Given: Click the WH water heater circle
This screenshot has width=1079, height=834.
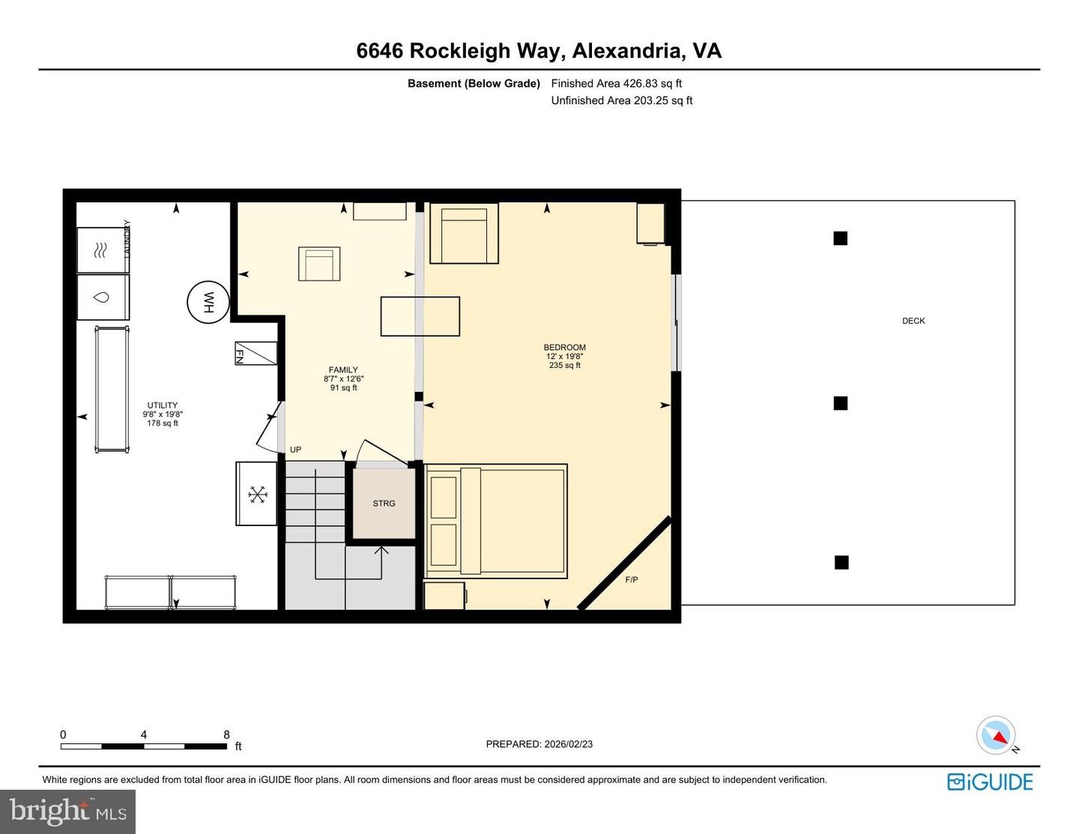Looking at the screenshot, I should (x=208, y=302).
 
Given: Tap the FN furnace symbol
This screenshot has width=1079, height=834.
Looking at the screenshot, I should (x=256, y=353).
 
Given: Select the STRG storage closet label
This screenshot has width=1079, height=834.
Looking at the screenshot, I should (x=384, y=504).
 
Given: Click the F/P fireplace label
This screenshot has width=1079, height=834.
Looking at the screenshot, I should (x=632, y=580).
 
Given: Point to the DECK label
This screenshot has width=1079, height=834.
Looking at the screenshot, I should (x=913, y=321).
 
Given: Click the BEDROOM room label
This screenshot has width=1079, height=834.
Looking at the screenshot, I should (x=564, y=348).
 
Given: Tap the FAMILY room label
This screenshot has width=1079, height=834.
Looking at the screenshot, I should (x=343, y=370).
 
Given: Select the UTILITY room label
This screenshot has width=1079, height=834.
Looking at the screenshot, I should (x=163, y=405).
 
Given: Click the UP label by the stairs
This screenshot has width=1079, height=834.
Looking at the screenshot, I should (x=295, y=450).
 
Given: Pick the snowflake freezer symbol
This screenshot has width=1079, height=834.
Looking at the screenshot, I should (x=257, y=494).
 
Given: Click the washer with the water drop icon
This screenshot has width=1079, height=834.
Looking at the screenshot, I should (x=103, y=297).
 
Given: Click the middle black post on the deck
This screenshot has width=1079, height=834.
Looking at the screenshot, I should (x=841, y=403).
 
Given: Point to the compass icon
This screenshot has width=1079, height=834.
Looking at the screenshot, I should (x=996, y=735).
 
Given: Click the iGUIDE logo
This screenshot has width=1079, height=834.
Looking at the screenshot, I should (x=990, y=782).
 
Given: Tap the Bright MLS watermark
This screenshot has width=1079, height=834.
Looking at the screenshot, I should (x=67, y=812).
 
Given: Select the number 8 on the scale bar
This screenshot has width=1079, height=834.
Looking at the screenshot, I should (x=226, y=735).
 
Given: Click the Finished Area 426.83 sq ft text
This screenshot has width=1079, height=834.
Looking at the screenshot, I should (x=616, y=84).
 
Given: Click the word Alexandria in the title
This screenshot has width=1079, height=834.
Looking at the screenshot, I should (x=628, y=51).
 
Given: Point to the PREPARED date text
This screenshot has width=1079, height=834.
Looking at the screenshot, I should (x=539, y=744).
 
